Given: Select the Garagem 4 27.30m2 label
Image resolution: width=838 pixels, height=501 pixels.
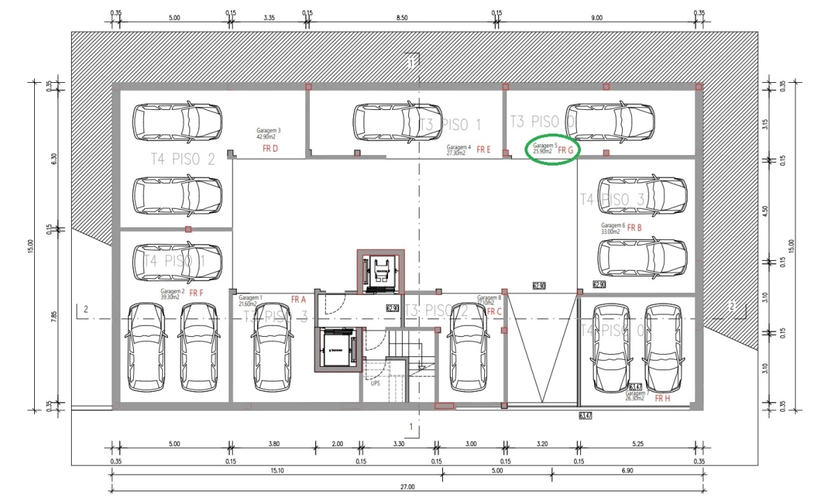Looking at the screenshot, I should coord(459,150).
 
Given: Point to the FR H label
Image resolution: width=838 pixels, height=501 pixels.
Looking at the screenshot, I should coord(662,399).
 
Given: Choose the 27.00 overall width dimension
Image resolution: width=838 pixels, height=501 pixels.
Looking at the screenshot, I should coord(408,487).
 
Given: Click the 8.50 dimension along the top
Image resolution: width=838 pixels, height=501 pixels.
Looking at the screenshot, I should coord(402,17).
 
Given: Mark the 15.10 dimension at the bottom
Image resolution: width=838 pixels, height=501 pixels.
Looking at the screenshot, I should coord(277,471).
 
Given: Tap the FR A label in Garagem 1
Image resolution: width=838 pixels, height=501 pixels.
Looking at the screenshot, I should coord(299,299).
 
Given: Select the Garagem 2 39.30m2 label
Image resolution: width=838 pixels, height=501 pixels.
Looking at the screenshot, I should coord(172,294).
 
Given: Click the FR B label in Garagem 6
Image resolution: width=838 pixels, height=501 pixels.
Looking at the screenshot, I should coord(634,228).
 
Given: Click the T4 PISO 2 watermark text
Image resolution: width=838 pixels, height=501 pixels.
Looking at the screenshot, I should coord(183,159).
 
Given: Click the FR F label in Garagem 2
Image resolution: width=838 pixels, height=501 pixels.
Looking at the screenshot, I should coord(196,293).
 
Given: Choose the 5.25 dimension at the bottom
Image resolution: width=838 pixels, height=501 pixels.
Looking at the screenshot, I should coord(638,443).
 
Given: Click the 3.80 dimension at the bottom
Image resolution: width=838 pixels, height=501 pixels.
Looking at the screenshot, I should coord(272,443).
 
